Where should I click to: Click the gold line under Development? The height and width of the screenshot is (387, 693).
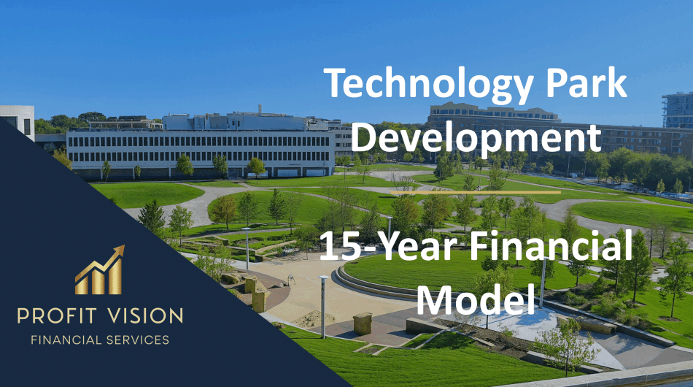tap(475, 192)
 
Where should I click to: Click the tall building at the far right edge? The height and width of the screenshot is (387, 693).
tap(678, 110)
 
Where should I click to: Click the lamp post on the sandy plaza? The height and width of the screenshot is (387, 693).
tap(322, 307)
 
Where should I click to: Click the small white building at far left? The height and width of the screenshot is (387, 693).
tap(18, 120)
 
